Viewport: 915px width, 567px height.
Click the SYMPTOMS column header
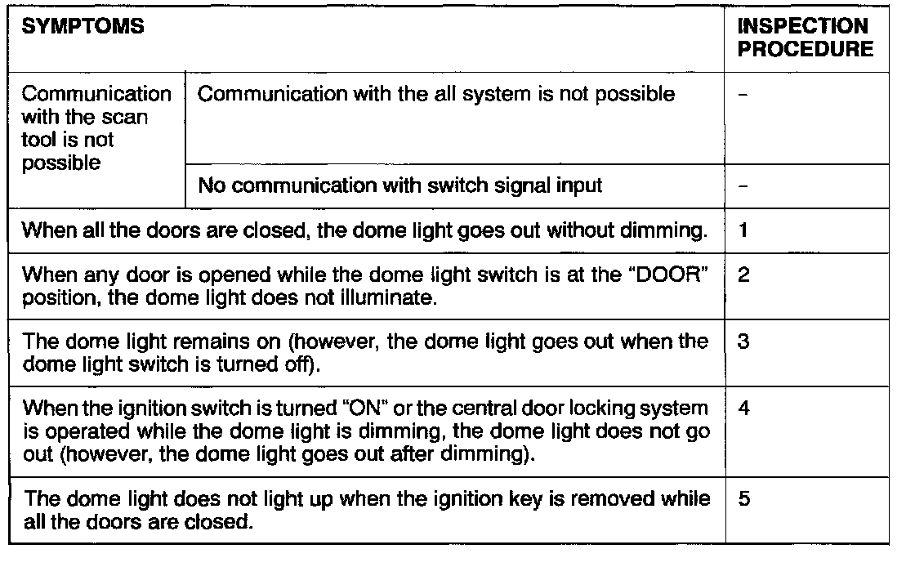[x=82, y=27]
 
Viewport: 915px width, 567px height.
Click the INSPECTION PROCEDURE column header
[x=805, y=38]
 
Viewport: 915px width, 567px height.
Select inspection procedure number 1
[x=743, y=232]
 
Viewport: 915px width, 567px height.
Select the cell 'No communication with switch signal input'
[x=400, y=185]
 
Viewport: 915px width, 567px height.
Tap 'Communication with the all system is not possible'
[x=437, y=94]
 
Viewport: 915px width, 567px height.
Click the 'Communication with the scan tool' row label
[x=97, y=128]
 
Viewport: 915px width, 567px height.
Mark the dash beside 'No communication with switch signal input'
[x=741, y=186]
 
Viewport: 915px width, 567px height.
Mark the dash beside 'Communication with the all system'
[x=741, y=96]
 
